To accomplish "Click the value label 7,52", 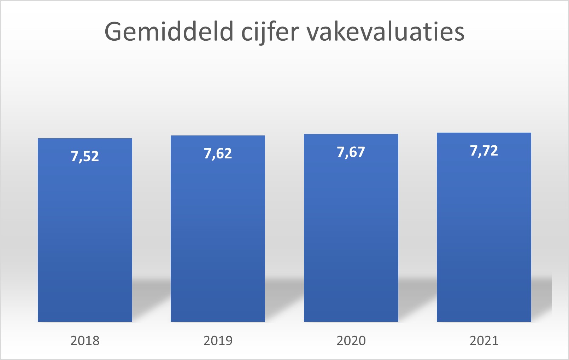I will (85, 156).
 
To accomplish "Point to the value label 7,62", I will (218, 153).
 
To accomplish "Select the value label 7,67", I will (351, 152).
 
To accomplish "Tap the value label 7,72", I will (484, 151).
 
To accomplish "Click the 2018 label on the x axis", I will (85, 341).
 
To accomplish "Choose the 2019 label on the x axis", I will (218, 341).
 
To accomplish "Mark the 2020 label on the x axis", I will (351, 341).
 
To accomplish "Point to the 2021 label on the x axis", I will (484, 341).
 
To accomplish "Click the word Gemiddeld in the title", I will (169, 32).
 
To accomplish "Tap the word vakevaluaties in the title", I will (385, 32).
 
